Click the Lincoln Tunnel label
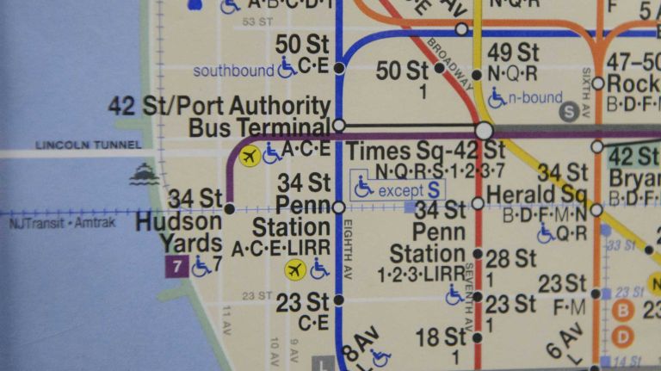[x=76, y=145]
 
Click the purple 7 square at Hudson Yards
[x=176, y=267]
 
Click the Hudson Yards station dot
[x=229, y=208]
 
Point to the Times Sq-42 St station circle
[x=484, y=131]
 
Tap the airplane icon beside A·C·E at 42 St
[x=250, y=156]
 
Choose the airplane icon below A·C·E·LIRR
[x=295, y=270]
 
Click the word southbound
[x=232, y=70]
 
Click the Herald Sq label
[x=536, y=195]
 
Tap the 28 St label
[x=510, y=258]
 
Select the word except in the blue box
[x=400, y=190]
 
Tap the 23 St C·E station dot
[x=338, y=300]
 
